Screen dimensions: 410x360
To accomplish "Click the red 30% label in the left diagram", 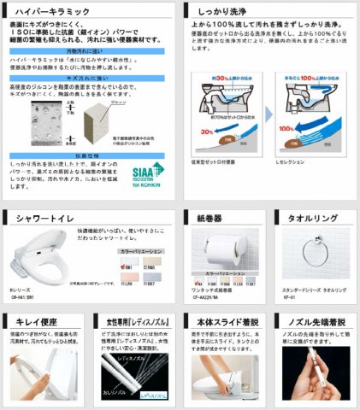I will point(205,132).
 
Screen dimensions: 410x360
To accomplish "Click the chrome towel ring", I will point(313,252).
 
